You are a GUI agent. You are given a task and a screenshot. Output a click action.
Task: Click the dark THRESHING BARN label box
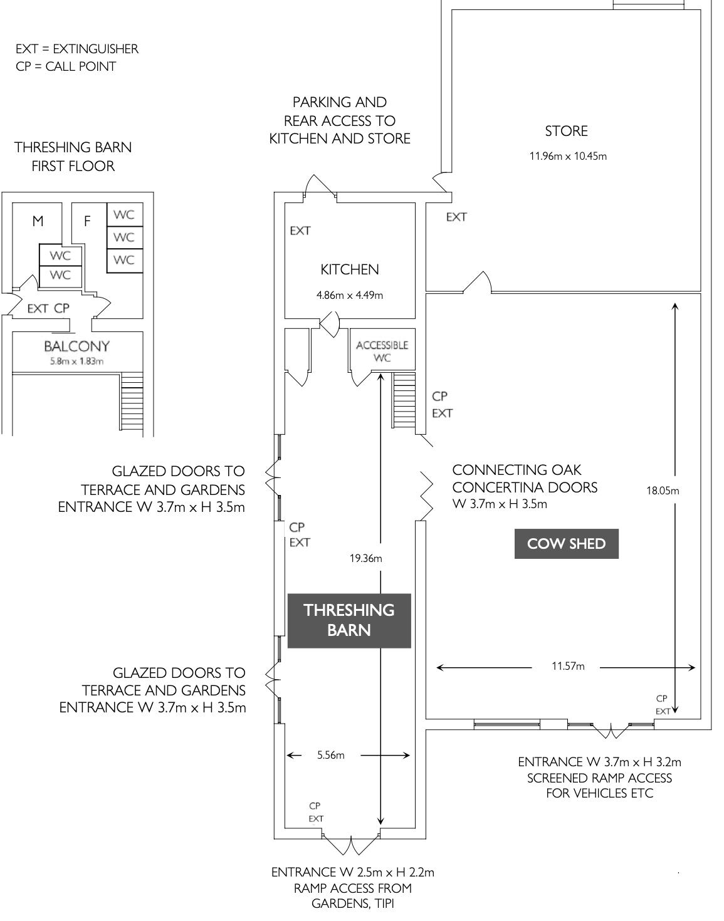tap(349, 620)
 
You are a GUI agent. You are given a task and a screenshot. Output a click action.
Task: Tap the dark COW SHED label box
tap(566, 544)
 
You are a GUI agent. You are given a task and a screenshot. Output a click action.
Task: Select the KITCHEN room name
tap(350, 269)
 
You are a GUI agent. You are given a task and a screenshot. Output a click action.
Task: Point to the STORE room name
tap(566, 131)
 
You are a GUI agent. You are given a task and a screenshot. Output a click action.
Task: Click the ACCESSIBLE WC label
tap(382, 351)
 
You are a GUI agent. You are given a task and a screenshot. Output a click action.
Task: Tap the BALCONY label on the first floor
tap(76, 346)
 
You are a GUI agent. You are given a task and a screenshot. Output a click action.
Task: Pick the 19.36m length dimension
tap(366, 558)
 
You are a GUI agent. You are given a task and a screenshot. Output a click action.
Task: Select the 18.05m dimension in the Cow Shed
tap(663, 491)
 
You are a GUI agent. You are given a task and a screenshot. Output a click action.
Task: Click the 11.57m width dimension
tap(568, 666)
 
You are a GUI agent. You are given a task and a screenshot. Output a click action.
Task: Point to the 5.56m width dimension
tap(330, 755)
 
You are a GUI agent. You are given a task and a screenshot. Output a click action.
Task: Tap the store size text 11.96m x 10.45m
tap(568, 156)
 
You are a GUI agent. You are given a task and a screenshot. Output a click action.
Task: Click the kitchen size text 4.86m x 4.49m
tap(350, 295)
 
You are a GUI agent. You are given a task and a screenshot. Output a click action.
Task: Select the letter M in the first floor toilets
tap(38, 221)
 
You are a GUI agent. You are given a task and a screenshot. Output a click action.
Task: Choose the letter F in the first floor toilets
tap(87, 221)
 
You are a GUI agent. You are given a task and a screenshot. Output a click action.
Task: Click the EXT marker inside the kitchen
tap(300, 231)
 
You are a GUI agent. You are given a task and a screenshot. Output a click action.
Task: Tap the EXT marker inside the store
tap(456, 217)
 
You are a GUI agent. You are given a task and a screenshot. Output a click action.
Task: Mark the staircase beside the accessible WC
tap(404, 401)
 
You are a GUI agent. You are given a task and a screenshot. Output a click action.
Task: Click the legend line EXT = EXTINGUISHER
tap(77, 49)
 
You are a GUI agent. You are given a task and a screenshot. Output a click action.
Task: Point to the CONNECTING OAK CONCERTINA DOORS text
tap(525, 479)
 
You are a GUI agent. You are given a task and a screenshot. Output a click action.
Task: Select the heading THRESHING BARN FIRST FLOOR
tap(73, 157)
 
